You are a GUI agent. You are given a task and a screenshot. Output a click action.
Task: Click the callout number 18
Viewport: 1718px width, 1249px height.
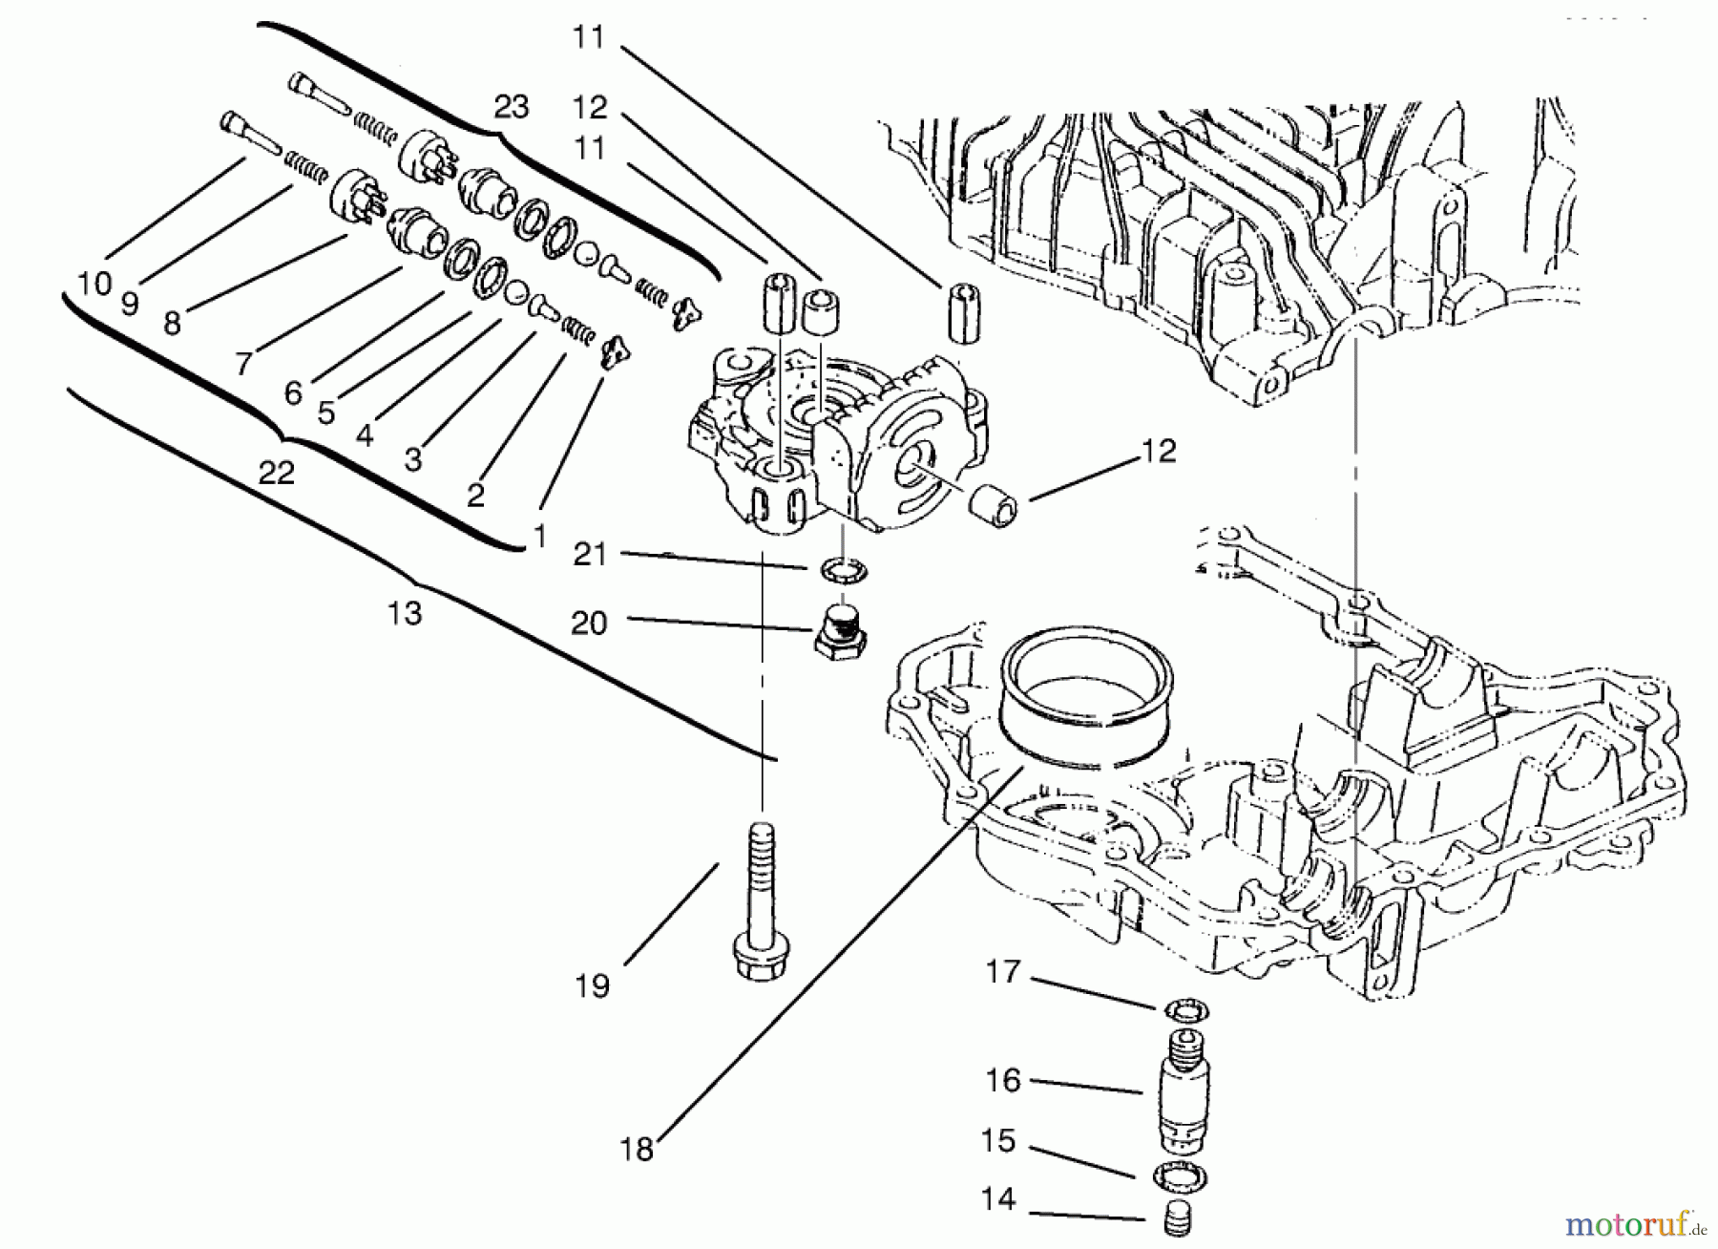click(x=637, y=1149)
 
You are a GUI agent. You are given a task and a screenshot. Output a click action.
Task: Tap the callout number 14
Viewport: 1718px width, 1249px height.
click(x=998, y=1199)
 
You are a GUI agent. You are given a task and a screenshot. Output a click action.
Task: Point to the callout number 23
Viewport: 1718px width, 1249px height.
click(x=511, y=107)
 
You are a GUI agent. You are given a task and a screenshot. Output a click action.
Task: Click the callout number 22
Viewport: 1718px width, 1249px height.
click(x=276, y=472)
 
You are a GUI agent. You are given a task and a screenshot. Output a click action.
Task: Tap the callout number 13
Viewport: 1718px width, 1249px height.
click(x=405, y=612)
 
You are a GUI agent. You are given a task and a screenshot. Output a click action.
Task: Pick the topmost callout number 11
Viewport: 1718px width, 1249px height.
click(x=589, y=37)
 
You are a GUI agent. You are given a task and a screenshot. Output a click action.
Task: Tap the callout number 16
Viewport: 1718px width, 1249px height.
click(x=1003, y=1080)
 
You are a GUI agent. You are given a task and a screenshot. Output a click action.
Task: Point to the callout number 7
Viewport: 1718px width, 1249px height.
click(x=244, y=363)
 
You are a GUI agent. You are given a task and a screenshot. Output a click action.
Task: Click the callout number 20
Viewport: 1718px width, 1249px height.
click(x=589, y=623)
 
